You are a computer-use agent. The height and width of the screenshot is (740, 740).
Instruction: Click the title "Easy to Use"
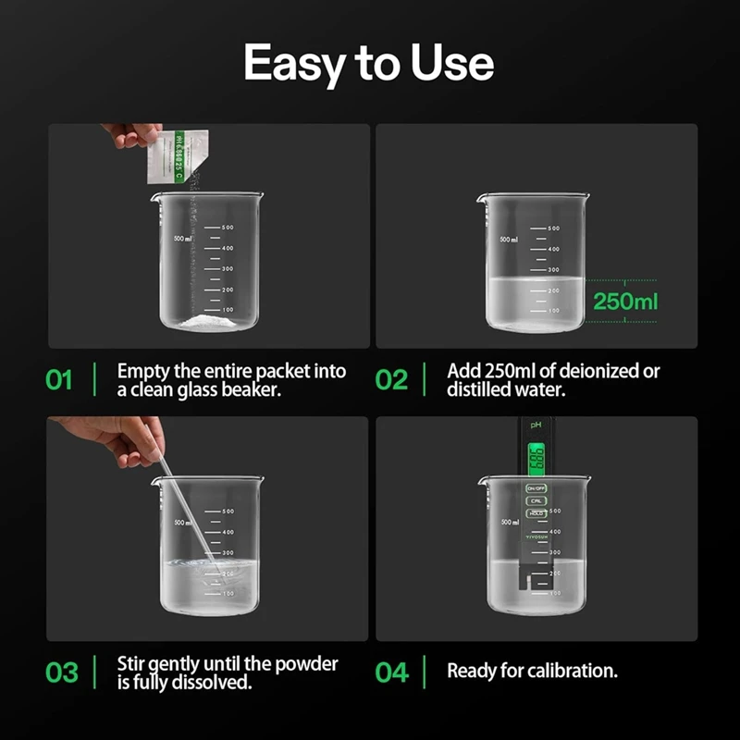(x=369, y=63)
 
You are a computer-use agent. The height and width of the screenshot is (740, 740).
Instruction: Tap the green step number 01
(x=59, y=380)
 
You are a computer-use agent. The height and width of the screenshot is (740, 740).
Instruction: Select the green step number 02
(x=392, y=380)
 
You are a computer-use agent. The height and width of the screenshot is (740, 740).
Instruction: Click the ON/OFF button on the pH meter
(x=536, y=487)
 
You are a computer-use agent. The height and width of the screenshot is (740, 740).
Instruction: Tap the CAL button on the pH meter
(x=536, y=500)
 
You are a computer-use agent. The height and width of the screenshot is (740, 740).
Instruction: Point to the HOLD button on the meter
(x=536, y=512)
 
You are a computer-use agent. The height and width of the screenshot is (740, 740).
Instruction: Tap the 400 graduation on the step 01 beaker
(x=227, y=248)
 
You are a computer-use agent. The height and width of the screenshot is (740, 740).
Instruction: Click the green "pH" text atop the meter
(x=536, y=425)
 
